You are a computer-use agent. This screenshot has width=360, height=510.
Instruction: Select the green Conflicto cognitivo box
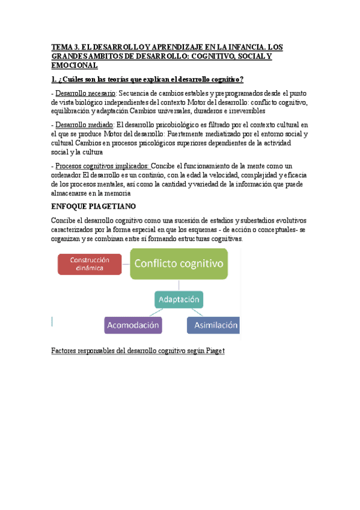click(x=179, y=263)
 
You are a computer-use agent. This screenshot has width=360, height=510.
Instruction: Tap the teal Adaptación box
click(x=179, y=298)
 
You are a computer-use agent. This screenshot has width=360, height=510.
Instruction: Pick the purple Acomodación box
click(x=133, y=325)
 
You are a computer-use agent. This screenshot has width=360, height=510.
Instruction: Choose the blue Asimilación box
click(x=214, y=325)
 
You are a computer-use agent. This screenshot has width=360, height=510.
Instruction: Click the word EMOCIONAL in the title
click(x=74, y=65)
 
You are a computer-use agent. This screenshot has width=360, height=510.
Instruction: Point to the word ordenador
click(x=70, y=175)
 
